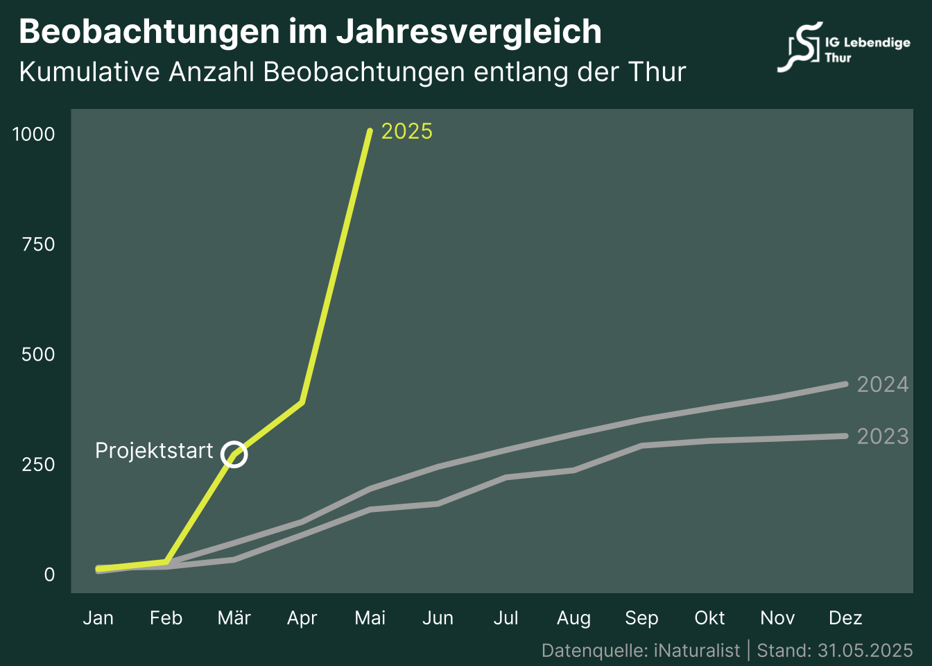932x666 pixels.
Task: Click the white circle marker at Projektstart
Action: point(234,454)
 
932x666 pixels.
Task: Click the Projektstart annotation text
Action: point(154,451)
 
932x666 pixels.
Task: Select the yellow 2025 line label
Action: point(407,131)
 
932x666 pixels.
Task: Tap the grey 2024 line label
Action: point(882,384)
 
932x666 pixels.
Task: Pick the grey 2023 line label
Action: point(882,436)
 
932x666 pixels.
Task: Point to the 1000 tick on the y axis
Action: point(34,134)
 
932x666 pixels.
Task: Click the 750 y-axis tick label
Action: point(38,244)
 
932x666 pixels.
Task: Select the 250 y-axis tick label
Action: point(38,464)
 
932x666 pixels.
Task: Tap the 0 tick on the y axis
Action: point(49,574)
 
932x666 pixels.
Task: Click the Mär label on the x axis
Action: point(234,618)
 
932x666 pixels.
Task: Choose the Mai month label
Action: point(370,618)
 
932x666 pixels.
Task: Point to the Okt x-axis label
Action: point(709,618)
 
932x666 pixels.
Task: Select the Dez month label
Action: point(845,618)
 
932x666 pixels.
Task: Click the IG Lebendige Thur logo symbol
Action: point(800,46)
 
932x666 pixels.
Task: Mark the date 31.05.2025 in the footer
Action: point(865,651)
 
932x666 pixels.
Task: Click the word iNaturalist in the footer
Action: point(697,651)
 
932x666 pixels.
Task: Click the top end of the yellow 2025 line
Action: point(370,131)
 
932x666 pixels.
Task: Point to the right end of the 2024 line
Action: point(845,384)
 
